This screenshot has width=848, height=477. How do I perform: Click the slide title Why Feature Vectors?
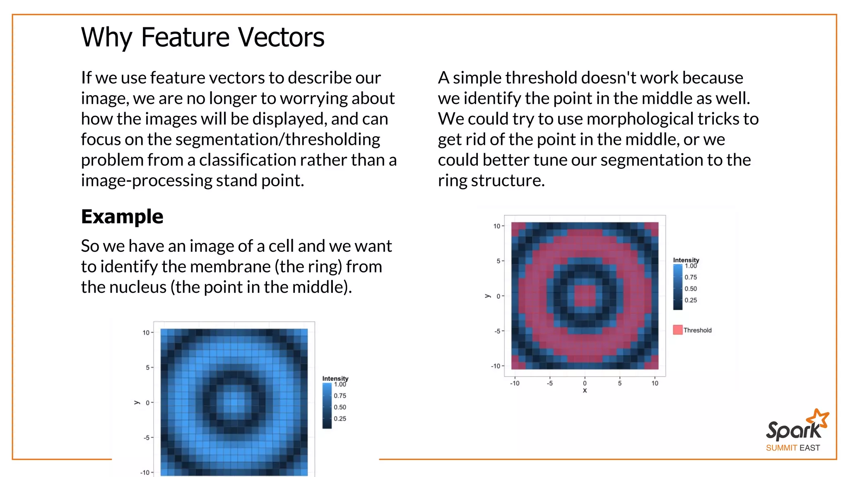pyautogui.click(x=202, y=37)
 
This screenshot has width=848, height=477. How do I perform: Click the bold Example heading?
pyautogui.click(x=122, y=217)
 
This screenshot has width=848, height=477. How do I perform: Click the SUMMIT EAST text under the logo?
pyautogui.click(x=793, y=448)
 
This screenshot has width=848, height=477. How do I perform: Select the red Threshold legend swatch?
pyautogui.click(x=677, y=330)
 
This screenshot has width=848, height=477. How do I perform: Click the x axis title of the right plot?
pyautogui.click(x=585, y=390)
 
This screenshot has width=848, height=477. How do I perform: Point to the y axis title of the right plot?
pyautogui.click(x=487, y=296)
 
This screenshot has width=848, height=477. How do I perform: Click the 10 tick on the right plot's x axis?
pyautogui.click(x=655, y=383)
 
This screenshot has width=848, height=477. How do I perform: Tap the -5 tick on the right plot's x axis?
pyautogui.click(x=549, y=383)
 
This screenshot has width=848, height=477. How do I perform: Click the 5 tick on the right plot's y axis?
pyautogui.click(x=499, y=261)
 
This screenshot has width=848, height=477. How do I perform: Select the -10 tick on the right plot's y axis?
pyautogui.click(x=496, y=366)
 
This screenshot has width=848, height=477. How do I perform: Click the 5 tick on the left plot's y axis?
pyautogui.click(x=147, y=368)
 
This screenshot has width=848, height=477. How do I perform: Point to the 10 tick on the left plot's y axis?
pyautogui.click(x=146, y=332)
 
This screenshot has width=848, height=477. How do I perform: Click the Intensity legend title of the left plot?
pyautogui.click(x=335, y=378)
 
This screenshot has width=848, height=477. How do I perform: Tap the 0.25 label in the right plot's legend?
pyautogui.click(x=691, y=300)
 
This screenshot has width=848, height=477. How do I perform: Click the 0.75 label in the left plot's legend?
pyautogui.click(x=340, y=396)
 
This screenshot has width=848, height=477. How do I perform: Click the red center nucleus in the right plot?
pyautogui.click(x=585, y=296)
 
